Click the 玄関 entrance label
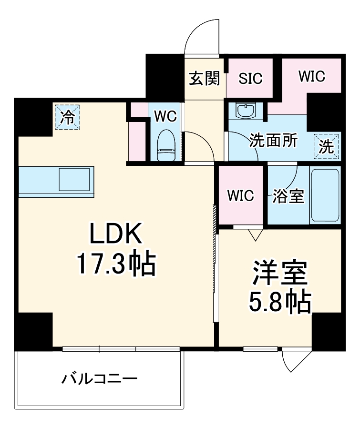204,78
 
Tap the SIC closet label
251,78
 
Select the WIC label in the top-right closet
311,76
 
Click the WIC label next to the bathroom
240,195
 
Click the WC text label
165,115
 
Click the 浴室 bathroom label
288,195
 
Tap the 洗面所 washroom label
274,141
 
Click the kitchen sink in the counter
75,181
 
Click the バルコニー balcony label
99,379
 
